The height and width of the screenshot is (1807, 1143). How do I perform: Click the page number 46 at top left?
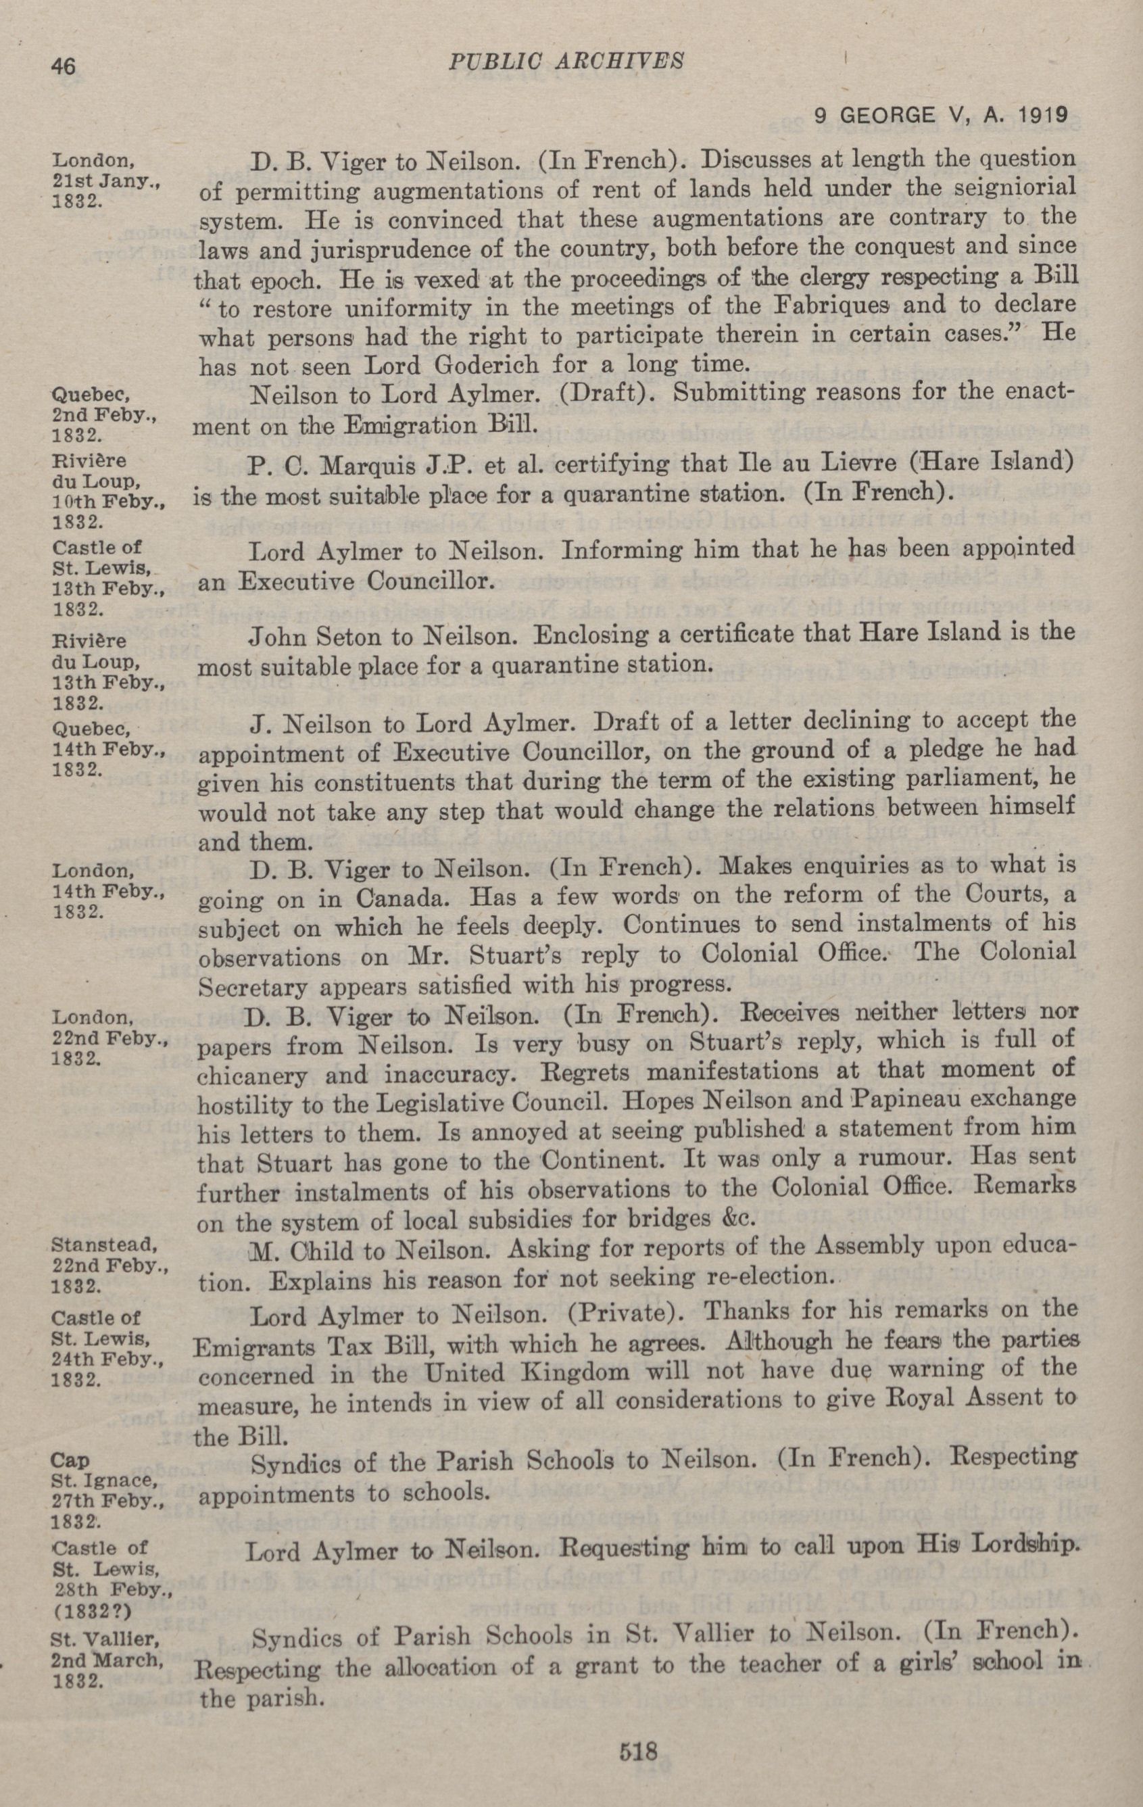[64, 66]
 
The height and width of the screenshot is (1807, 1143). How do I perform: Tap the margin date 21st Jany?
[102, 185]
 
